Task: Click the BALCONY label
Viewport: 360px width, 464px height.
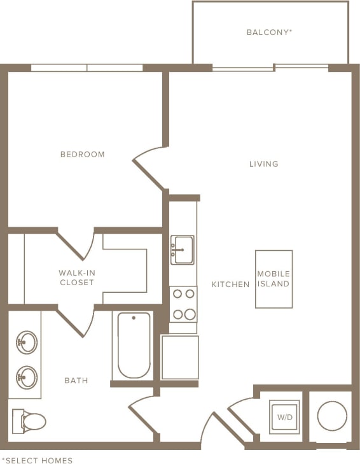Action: point(269,32)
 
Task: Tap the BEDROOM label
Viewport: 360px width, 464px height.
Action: point(82,154)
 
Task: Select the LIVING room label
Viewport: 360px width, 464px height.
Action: point(263,164)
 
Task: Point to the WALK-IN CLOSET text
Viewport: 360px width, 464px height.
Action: point(76,278)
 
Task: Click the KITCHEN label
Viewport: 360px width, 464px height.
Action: point(230,285)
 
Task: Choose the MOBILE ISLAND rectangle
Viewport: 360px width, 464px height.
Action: point(273,279)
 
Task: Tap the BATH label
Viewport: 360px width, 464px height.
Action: point(76,381)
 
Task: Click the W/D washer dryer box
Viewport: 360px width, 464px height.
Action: point(284,417)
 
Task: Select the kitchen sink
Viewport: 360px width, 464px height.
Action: point(182,250)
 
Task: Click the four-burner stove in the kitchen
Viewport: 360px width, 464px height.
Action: point(183,304)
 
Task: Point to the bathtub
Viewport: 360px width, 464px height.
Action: point(134,345)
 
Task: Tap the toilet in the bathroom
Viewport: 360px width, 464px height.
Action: point(29,421)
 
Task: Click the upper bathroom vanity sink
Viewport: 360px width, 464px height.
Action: point(26,342)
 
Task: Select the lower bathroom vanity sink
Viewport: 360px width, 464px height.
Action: point(26,377)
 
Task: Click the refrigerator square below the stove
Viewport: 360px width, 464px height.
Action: point(179,357)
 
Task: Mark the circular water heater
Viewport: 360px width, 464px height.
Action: point(331,417)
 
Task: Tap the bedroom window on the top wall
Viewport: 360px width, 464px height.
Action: point(87,67)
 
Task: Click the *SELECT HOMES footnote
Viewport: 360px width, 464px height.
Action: point(37,460)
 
